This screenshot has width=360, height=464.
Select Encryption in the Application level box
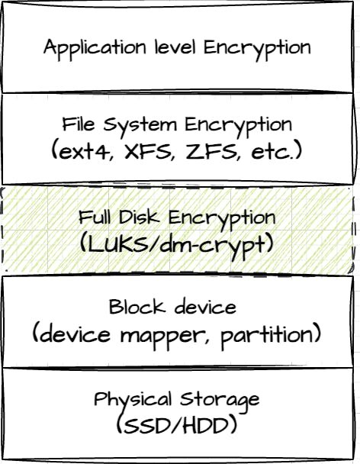pos(257,49)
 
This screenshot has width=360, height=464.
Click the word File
pos(79,124)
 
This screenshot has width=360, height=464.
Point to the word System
pos(140,126)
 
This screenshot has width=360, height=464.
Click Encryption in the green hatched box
pos(221,219)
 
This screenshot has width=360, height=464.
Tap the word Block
pos(137,307)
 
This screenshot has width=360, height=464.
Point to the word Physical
pos(133,400)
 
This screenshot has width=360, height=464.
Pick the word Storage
pos(220,401)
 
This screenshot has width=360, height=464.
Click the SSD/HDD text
pos(176,425)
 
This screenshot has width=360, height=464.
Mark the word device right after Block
pos(205,307)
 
